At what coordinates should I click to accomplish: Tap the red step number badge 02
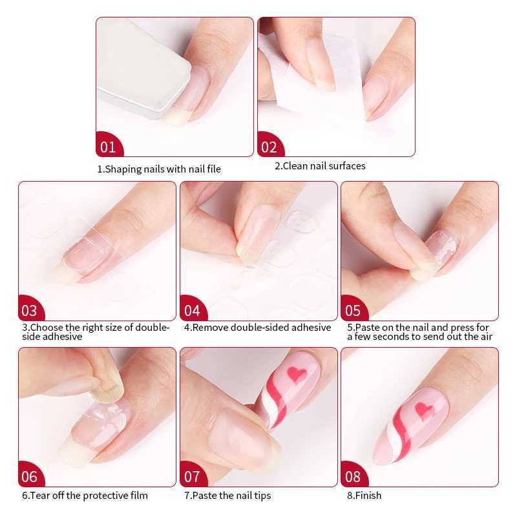click(269, 147)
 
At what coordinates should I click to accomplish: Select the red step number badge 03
click(30, 310)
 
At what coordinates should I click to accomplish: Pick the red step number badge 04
click(192, 310)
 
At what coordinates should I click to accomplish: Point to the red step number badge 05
click(353, 310)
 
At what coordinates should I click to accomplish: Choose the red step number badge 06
click(30, 477)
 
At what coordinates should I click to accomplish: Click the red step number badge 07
click(192, 477)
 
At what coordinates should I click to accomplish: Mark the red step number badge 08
click(353, 477)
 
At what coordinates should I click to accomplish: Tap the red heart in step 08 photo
click(425, 410)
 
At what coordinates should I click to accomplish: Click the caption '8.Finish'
click(364, 496)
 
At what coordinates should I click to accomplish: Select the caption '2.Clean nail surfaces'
click(320, 166)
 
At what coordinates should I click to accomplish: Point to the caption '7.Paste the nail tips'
click(227, 496)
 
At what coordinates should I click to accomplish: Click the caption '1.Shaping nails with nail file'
click(159, 169)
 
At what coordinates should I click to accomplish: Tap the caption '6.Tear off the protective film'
click(85, 496)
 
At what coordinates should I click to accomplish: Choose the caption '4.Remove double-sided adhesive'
click(257, 328)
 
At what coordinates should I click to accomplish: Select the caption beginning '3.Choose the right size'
click(95, 332)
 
